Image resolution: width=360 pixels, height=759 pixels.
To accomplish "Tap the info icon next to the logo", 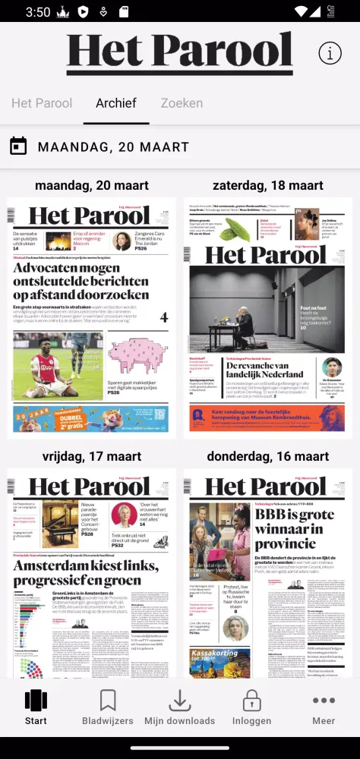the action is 330,53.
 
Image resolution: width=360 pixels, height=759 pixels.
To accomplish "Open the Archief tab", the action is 116,103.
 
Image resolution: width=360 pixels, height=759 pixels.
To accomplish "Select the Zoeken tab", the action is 182,103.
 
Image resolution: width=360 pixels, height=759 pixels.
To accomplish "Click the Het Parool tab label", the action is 42,103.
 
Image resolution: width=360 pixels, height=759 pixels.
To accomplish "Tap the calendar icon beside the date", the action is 19,146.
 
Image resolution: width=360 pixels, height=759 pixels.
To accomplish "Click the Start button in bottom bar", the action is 36,707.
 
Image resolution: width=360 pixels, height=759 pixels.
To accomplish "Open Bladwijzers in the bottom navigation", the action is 108,707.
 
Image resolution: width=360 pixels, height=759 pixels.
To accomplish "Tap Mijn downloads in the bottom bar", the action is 180,707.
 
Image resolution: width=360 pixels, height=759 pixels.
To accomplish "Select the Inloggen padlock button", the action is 251,707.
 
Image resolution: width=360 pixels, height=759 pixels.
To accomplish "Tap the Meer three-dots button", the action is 324,707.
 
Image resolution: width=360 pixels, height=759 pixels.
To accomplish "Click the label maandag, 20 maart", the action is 91,185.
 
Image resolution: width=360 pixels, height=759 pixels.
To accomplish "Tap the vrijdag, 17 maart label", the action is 91,456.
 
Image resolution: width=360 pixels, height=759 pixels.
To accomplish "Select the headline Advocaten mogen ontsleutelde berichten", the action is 81,282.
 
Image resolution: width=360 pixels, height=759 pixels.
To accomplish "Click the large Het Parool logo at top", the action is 179,53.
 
